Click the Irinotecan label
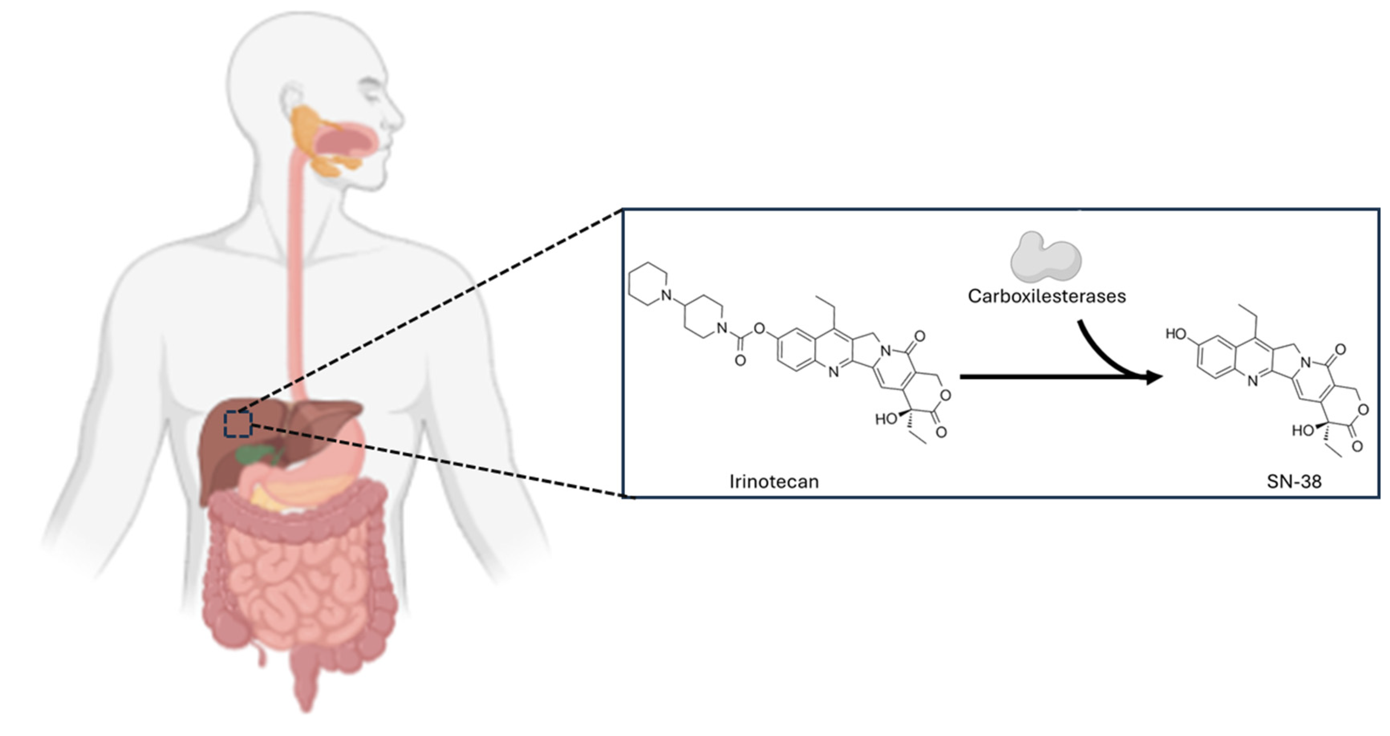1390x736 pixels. coord(774,481)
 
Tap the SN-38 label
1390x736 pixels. coord(1294,481)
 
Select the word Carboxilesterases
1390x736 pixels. coord(1046,296)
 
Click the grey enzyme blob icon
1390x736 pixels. coord(1045,258)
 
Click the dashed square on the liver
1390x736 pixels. coord(238,424)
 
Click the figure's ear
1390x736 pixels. coord(292,100)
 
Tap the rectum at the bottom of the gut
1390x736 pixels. coord(306,680)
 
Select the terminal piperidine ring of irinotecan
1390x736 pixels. coord(648,284)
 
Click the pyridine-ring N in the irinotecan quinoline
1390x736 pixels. coord(834,372)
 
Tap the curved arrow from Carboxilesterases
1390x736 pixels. coord(1106,356)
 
